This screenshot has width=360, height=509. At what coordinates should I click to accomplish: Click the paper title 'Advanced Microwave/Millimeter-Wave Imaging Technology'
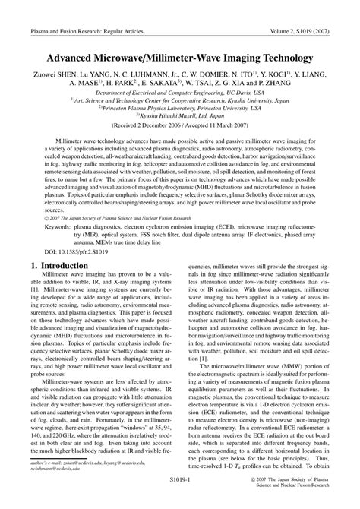(180, 57)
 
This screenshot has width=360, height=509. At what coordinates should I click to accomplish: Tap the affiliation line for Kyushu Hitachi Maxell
(180, 115)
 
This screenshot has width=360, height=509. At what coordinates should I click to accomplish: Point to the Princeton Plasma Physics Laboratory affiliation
(180, 108)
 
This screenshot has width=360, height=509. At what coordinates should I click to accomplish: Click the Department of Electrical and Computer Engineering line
(180, 92)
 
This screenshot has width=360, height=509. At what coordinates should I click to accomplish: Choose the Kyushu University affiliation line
(180, 100)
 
